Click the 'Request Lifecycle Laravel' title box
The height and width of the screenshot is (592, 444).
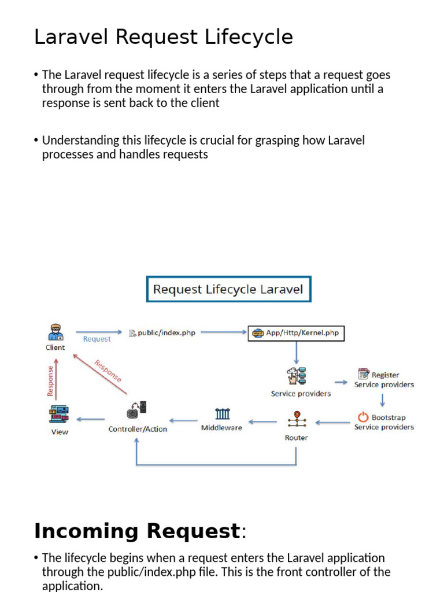pyautogui.click(x=228, y=289)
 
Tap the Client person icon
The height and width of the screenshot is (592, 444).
pyautogui.click(x=55, y=332)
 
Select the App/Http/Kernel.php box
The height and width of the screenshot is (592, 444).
pyautogui.click(x=296, y=333)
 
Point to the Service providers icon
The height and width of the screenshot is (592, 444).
pyautogui.click(x=297, y=376)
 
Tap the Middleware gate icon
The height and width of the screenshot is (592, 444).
pyautogui.click(x=222, y=414)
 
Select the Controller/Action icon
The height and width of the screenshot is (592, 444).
pyautogui.click(x=137, y=411)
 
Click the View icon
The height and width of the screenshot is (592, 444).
pyautogui.click(x=59, y=414)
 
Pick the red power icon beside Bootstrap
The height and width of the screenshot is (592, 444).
pyautogui.click(x=362, y=417)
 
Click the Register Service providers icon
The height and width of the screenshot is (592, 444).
pyautogui.click(x=363, y=375)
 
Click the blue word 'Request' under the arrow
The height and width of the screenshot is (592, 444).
pyautogui.click(x=97, y=339)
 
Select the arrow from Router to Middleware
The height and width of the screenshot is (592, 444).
pyautogui.click(x=262, y=421)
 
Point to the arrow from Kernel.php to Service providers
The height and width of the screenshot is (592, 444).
pyautogui.click(x=297, y=353)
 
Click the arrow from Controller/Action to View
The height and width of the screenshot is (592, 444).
pyautogui.click(x=91, y=420)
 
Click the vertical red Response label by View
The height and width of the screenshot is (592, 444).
pyautogui.click(x=50, y=380)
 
